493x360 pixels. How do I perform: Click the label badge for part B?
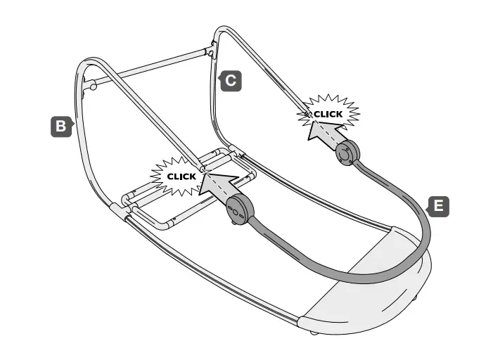pos(62,127)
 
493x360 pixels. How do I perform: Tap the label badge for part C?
pos(231,81)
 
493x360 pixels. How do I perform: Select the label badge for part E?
pos(438,206)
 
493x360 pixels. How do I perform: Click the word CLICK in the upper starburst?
pos(328,114)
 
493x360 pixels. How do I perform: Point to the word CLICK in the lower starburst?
pos(181,176)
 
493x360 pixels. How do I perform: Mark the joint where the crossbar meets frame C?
pos(210,51)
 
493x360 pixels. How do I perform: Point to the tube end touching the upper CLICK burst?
pos(307,112)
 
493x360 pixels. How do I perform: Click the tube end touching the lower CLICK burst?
pos(203,168)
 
